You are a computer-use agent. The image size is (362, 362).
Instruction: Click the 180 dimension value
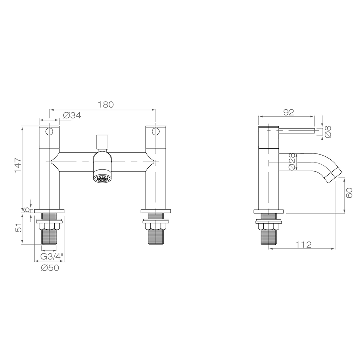pyautogui.click(x=106, y=105)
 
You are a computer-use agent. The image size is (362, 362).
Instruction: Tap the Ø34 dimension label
pyautogui.click(x=72, y=115)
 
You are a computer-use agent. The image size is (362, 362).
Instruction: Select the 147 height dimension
pyautogui.click(x=18, y=165)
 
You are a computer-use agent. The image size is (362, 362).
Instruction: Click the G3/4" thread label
pyautogui.click(x=52, y=256)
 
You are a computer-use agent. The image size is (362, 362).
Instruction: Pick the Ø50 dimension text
pyautogui.click(x=50, y=268)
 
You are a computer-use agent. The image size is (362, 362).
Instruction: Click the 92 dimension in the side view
pyautogui.click(x=288, y=113)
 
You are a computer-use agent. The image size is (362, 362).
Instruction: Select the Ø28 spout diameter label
pyautogui.click(x=292, y=162)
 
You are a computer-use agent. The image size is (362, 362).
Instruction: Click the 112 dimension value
pyautogui.click(x=303, y=245)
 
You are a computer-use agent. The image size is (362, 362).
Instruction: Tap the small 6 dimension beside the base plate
pyautogui.click(x=26, y=210)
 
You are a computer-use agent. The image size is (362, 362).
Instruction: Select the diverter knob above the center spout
pyautogui.click(x=102, y=142)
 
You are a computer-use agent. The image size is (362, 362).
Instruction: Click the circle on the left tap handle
pyautogui.click(x=49, y=131)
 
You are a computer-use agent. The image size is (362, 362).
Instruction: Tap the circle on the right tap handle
pyautogui.click(x=156, y=131)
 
